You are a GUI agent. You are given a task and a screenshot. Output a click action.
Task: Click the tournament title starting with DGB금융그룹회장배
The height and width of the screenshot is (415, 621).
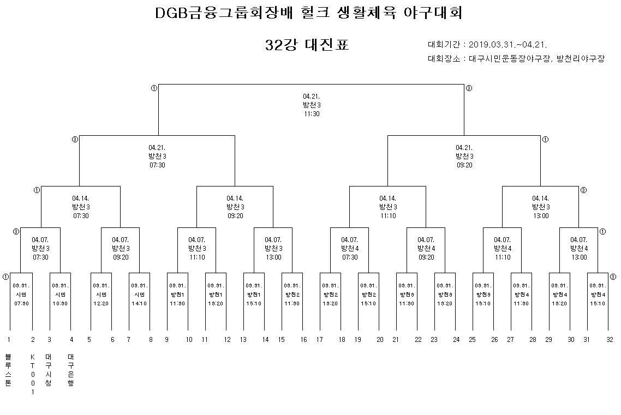click(x=309, y=13)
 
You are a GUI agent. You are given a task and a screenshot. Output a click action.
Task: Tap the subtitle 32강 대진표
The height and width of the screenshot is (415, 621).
click(x=307, y=45)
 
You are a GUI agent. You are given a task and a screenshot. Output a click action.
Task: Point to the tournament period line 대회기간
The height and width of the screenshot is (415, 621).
click(x=488, y=45)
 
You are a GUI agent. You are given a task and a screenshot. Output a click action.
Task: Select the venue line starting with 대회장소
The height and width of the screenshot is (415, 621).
click(x=516, y=59)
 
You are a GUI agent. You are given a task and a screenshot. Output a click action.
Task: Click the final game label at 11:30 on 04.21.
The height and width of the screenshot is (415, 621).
click(x=311, y=105)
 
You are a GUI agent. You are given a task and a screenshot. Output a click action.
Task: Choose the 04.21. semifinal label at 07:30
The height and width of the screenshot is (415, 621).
click(x=157, y=156)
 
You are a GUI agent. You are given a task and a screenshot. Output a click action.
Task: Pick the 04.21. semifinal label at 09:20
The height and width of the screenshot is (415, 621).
click(x=464, y=156)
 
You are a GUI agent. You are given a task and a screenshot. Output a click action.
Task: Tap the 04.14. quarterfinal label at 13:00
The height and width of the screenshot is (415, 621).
click(x=541, y=207)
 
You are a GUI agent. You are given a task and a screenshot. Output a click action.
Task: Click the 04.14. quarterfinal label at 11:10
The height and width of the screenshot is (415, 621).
click(x=388, y=207)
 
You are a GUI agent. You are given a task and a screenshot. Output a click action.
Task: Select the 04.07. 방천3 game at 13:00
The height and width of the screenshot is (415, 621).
click(x=273, y=249)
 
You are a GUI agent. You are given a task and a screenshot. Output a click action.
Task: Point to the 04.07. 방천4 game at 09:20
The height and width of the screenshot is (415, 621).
click(x=426, y=249)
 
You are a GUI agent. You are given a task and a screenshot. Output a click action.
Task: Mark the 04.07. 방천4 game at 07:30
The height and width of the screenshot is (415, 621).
click(x=350, y=249)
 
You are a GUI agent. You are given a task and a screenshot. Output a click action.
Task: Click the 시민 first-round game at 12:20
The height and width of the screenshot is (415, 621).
click(x=101, y=294)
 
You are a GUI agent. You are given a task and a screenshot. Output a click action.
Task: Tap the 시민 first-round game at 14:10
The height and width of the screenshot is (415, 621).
click(x=139, y=294)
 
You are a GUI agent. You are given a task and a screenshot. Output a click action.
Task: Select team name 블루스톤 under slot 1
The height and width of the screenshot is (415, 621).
click(x=8, y=370)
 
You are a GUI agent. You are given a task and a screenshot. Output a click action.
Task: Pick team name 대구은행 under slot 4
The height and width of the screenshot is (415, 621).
click(x=71, y=370)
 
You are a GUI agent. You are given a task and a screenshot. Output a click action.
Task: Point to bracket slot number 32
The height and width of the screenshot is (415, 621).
click(x=610, y=339)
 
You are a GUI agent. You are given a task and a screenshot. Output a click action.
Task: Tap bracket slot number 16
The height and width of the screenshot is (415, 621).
click(x=303, y=339)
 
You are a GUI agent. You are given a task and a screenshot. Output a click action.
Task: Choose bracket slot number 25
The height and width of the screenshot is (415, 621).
click(x=473, y=339)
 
